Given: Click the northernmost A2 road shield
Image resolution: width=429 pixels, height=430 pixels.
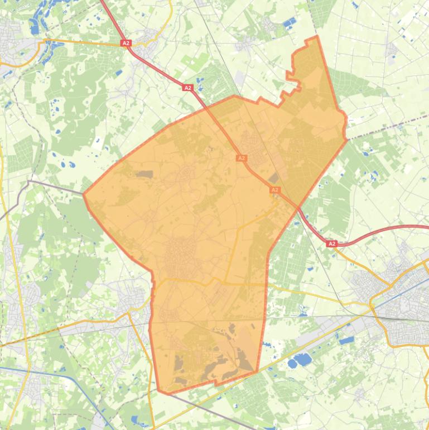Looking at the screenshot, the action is click(x=126, y=43).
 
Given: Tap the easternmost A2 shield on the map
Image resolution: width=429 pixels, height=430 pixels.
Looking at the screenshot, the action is click(x=332, y=244).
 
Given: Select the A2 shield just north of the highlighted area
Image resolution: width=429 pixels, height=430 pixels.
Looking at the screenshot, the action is click(x=188, y=88).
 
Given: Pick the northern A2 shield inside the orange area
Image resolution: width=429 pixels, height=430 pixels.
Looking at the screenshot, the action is click(x=242, y=158).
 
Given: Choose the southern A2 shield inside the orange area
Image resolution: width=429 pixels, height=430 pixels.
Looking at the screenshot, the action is click(x=274, y=190).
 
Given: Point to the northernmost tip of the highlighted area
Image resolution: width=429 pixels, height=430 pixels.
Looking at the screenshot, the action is click(x=317, y=37).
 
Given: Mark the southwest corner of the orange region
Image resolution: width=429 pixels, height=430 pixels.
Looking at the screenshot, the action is click(x=159, y=391).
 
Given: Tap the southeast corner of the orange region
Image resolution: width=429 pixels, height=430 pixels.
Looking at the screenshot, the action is click(x=256, y=371).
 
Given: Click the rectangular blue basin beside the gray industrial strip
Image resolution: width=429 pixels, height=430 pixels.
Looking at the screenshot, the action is click(x=346, y=340).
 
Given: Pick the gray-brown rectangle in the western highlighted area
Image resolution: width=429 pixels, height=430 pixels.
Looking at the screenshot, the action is click(x=144, y=174).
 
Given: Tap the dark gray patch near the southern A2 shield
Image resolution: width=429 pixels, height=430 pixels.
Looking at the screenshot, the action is click(x=274, y=178).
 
